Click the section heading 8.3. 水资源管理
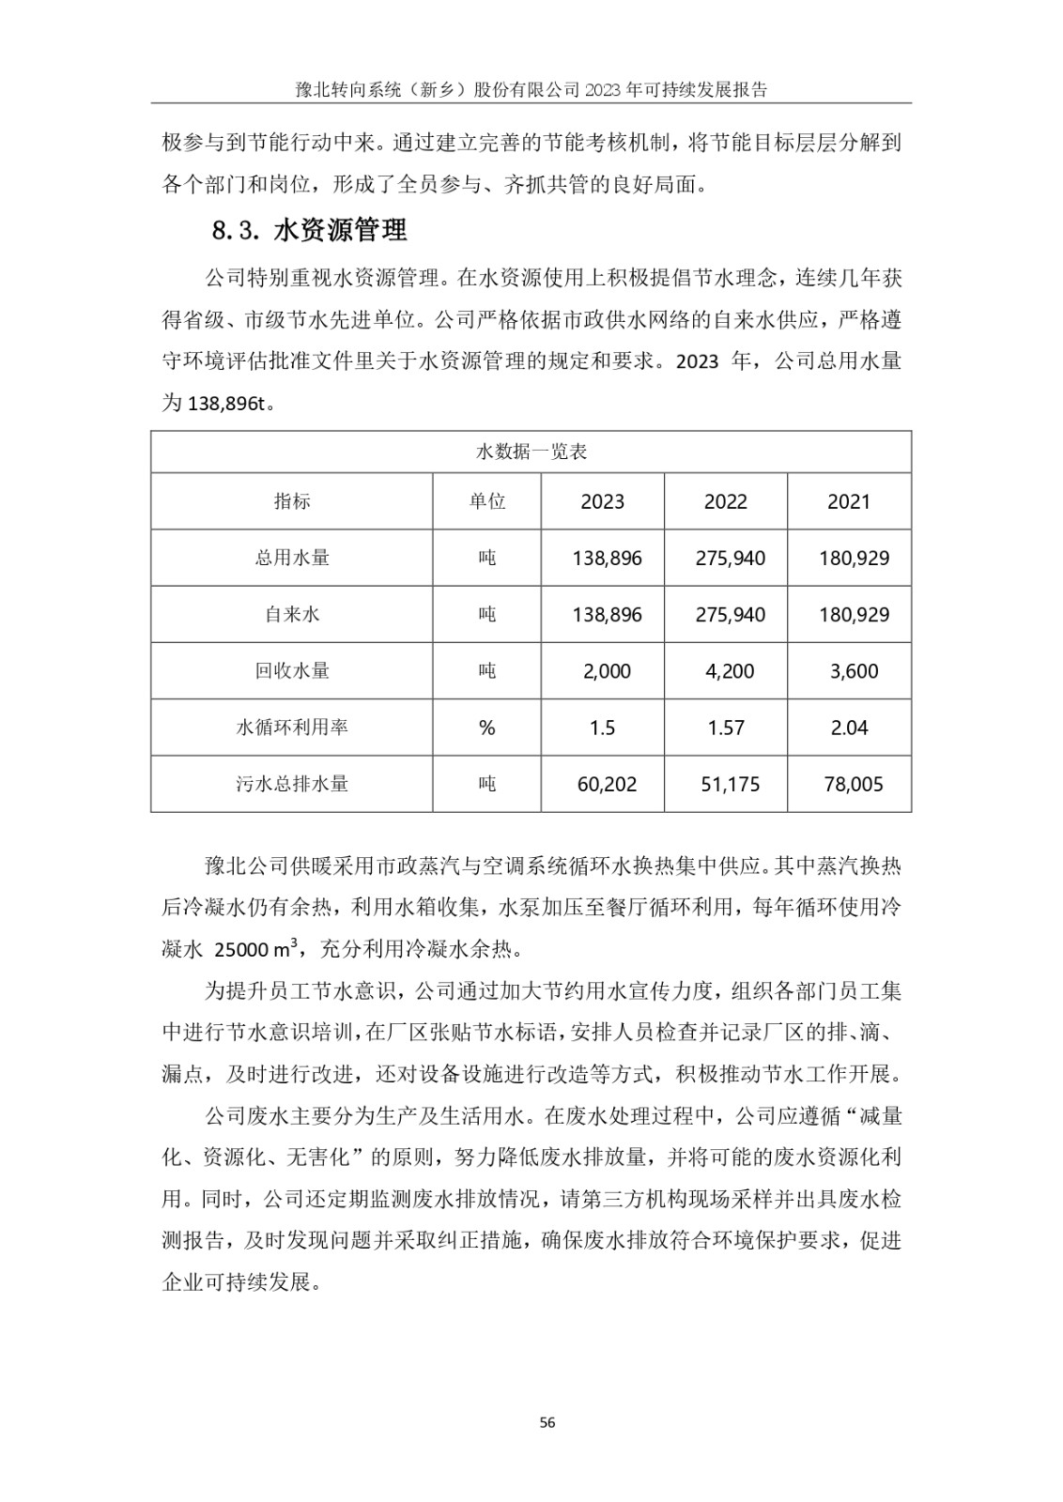(310, 231)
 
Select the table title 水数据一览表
(531, 452)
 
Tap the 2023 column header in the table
(602, 501)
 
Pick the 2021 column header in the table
(848, 501)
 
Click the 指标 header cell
(291, 501)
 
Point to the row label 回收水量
(291, 671)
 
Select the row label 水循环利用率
(291, 728)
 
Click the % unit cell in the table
(486, 728)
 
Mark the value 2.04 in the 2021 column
(849, 728)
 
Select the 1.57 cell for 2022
(726, 728)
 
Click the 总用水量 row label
(291, 558)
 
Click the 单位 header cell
(486, 501)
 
